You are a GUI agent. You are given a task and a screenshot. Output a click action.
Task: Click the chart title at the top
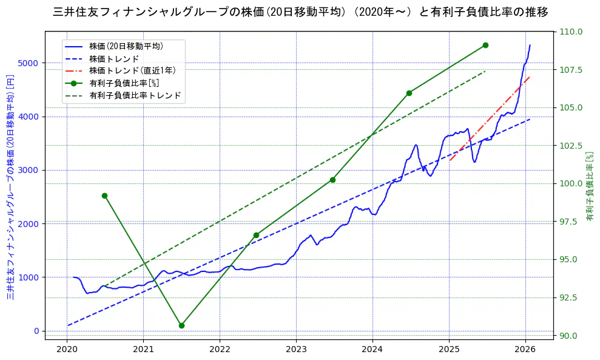pyautogui.click(x=300, y=12)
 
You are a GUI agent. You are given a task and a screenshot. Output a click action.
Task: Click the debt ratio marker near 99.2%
pyautogui.click(x=104, y=195)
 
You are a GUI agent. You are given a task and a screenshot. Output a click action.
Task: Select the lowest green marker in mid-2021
pyautogui.click(x=181, y=325)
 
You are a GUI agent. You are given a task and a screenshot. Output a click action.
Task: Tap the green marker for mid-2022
pyautogui.click(x=256, y=235)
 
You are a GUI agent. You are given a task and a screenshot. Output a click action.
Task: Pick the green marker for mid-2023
pyautogui.click(x=332, y=180)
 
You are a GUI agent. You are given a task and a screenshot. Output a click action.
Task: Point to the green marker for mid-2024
pyautogui.click(x=409, y=93)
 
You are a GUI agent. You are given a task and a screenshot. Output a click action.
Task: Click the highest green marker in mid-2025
pyautogui.click(x=485, y=45)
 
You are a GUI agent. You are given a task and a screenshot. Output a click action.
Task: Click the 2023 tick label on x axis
pyautogui.click(x=296, y=349)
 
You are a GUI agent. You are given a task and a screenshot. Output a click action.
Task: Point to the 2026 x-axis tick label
pyautogui.click(x=525, y=349)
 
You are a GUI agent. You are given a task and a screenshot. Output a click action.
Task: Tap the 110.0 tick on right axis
pyautogui.click(x=570, y=32)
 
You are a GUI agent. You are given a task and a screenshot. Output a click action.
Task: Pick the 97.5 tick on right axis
pyautogui.click(x=570, y=222)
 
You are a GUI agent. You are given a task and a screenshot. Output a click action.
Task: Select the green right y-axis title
pyautogui.click(x=590, y=186)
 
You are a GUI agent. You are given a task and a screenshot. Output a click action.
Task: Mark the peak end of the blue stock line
pyautogui.click(x=530, y=45)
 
